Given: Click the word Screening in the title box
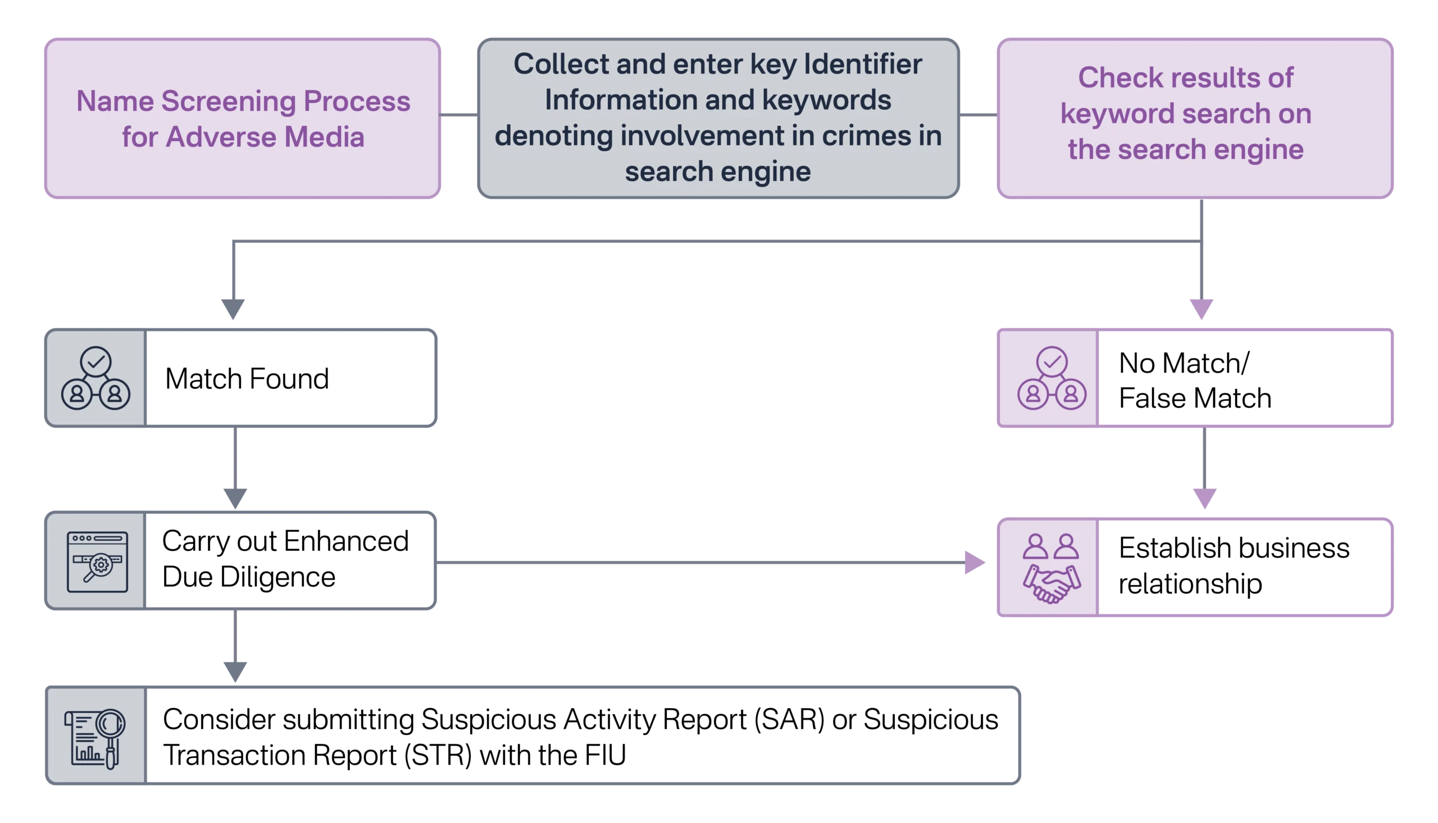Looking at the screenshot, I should pos(230,102).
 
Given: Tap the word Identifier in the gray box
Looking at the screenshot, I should pos(862,64).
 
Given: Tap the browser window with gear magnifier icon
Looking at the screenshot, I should pos(97,561).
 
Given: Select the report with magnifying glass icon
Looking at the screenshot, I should pos(95,738).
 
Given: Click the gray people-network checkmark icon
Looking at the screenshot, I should pos(95,378).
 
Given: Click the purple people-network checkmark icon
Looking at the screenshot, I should pos(1051,378).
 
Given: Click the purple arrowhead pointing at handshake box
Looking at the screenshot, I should pos(973,562).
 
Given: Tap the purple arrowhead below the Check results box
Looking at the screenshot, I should pos(1201,309).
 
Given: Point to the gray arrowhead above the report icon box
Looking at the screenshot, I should pos(235,671).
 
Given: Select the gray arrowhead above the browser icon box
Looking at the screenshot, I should pos(235,496).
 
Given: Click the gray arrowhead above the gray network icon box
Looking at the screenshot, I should pos(233,308).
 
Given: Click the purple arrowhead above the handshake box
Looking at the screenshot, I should pos(1204,498).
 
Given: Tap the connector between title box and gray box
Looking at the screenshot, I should pos(458,115).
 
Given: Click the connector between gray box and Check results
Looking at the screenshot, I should pos(978,115).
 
